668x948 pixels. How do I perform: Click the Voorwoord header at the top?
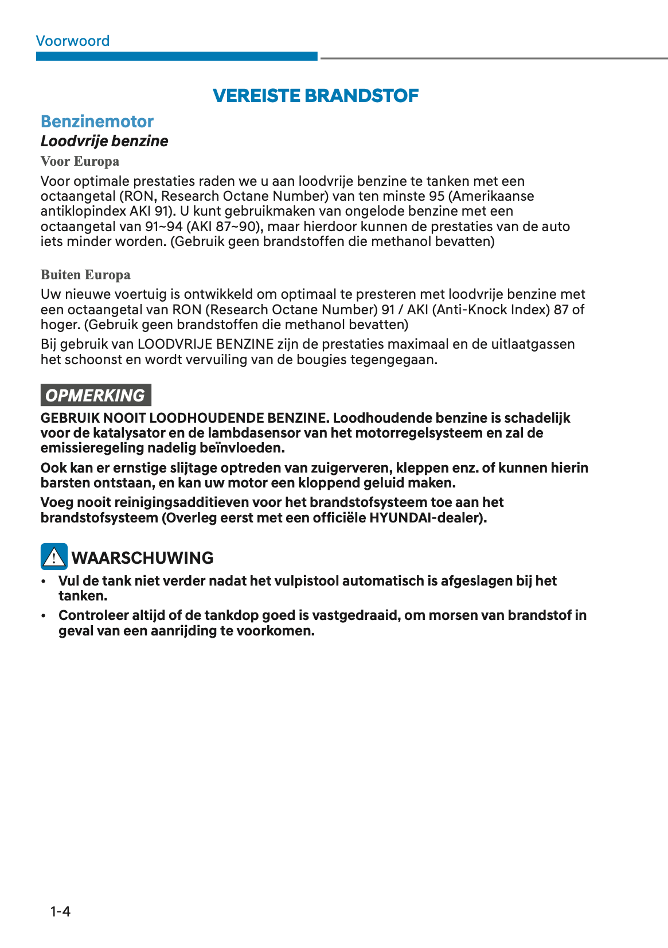[x=72, y=41]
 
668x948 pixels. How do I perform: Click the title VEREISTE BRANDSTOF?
[x=315, y=95]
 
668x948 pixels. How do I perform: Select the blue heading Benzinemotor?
[x=97, y=122]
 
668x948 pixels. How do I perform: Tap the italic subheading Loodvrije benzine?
[x=104, y=141]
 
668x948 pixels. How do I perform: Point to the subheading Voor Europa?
[x=80, y=162]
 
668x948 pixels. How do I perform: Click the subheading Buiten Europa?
[x=85, y=275]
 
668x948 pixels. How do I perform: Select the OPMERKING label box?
[x=96, y=395]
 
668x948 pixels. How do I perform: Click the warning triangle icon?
[x=54, y=557]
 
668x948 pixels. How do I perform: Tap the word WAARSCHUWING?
[x=142, y=557]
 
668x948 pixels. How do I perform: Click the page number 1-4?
[x=60, y=911]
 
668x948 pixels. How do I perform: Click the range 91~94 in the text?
[x=163, y=227]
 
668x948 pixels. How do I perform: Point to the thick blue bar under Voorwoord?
[x=177, y=56]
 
